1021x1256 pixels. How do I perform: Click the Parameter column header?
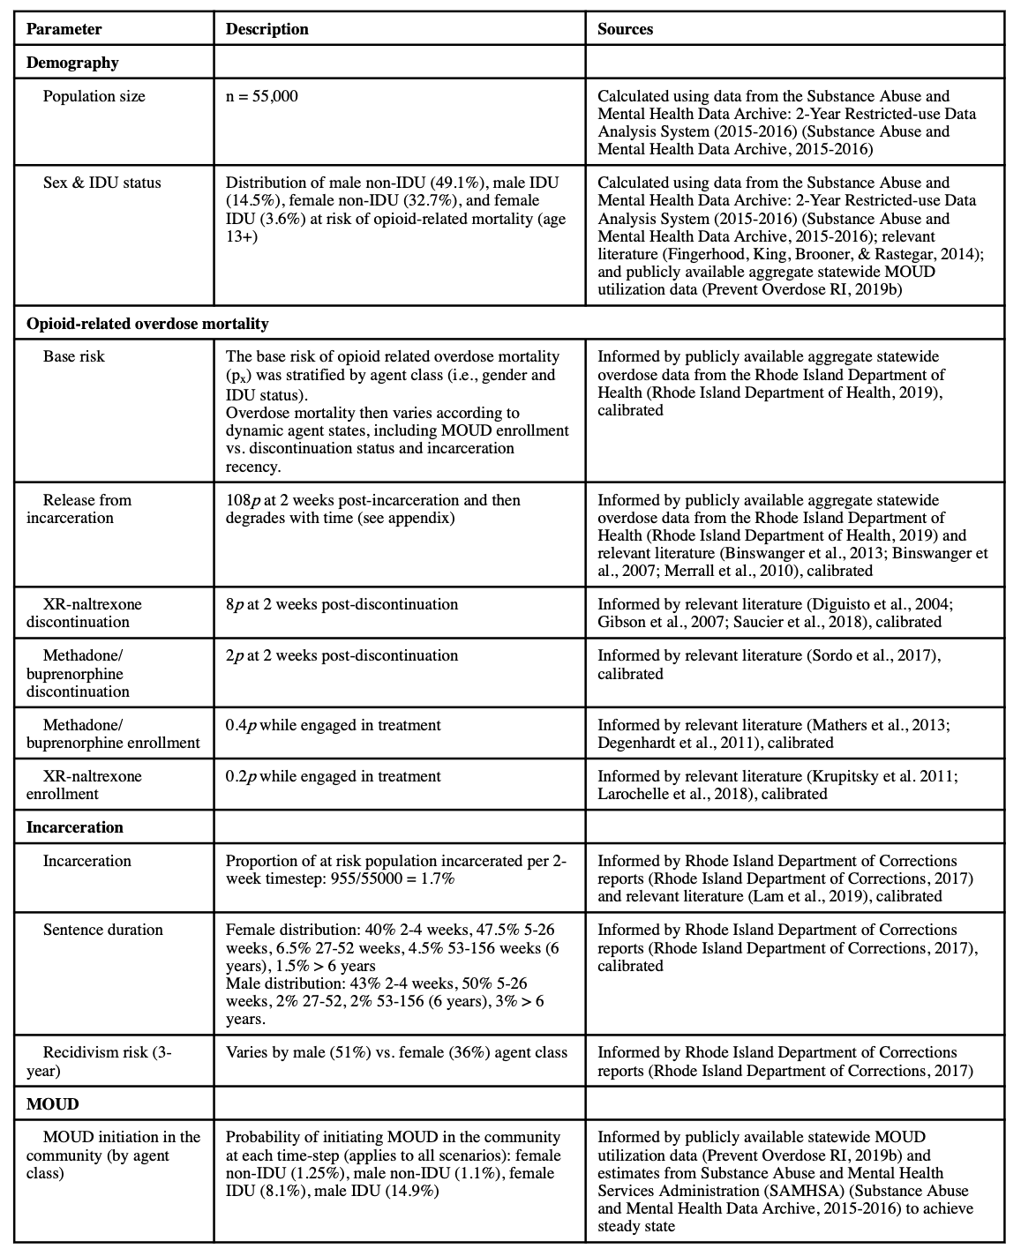pyautogui.click(x=64, y=29)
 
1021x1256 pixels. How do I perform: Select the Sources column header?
pyautogui.click(x=625, y=29)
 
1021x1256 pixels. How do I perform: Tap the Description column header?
pyautogui.click(x=267, y=29)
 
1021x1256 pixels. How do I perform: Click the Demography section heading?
pyautogui.click(x=72, y=63)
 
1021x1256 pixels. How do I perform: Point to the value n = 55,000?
pyautogui.click(x=262, y=96)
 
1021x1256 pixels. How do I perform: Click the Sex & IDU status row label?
pyautogui.click(x=102, y=183)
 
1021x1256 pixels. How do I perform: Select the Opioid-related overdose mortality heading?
pyautogui.click(x=147, y=324)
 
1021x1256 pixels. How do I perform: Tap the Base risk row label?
pyautogui.click(x=74, y=356)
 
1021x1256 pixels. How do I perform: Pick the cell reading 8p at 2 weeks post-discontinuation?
pyautogui.click(x=342, y=604)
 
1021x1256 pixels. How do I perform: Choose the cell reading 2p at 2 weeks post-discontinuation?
pyautogui.click(x=342, y=655)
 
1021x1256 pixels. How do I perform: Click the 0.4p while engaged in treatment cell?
pyautogui.click(x=333, y=725)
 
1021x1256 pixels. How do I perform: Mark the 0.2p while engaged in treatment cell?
pyautogui.click(x=333, y=776)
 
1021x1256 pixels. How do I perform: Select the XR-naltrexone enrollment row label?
pyautogui.click(x=85, y=785)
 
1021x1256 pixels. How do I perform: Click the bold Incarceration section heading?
pyautogui.click(x=75, y=827)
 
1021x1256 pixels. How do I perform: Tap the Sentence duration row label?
pyautogui.click(x=102, y=930)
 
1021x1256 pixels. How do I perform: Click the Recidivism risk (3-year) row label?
pyautogui.click(x=99, y=1061)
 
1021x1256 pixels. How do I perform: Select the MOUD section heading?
pyautogui.click(x=52, y=1103)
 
